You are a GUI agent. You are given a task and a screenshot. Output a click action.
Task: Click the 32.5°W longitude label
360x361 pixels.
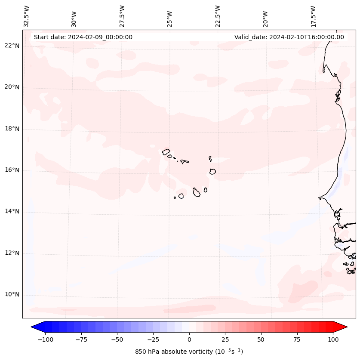27,16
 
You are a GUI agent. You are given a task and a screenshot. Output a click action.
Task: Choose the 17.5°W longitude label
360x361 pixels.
313,16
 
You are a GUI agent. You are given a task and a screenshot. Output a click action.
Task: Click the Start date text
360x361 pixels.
83,37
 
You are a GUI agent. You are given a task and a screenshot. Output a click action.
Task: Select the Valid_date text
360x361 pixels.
289,37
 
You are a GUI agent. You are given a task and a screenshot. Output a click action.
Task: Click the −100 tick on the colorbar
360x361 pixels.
45,339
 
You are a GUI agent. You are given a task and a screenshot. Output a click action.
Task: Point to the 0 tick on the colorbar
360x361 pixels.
189,339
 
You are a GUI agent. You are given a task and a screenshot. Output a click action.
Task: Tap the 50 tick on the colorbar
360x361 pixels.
261,339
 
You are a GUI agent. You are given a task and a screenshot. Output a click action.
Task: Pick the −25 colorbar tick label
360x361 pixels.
153,339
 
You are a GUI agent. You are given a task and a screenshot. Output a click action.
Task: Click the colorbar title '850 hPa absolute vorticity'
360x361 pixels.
189,352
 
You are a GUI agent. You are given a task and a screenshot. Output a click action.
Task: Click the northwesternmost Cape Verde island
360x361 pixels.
166,152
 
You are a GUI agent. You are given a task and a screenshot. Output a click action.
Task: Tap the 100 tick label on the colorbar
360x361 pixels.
332,339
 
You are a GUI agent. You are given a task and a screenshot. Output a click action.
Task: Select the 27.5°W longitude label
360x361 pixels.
122,16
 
